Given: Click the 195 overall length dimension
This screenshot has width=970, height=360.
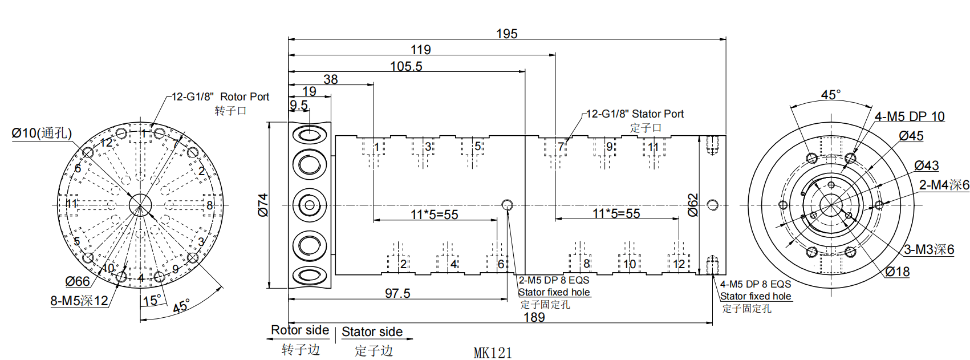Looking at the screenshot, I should [506, 34].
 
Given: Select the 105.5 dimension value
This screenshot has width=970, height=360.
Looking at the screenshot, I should [406, 66].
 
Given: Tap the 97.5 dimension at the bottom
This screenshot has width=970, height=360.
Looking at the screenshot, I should [397, 293].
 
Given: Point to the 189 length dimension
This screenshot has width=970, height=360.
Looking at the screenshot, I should [534, 317].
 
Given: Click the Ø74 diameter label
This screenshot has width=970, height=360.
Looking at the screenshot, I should [263, 205].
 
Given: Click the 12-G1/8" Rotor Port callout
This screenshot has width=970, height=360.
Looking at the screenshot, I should [220, 97].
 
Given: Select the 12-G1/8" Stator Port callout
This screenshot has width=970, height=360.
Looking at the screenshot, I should [635, 114].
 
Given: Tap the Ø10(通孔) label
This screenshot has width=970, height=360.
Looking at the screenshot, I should [42, 134].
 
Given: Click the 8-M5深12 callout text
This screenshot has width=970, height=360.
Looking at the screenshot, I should [79, 301].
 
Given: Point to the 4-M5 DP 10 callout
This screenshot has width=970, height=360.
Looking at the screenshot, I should [910, 116].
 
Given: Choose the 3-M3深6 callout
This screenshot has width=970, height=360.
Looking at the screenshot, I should [929, 249].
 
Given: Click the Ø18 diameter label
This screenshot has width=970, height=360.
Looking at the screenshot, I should [898, 272].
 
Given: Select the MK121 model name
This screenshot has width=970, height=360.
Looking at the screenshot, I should [493, 353].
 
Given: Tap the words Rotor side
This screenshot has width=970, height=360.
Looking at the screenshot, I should [300, 330].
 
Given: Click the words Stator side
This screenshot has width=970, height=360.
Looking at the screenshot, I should [372, 332].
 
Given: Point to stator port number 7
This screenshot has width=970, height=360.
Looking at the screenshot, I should [561, 147].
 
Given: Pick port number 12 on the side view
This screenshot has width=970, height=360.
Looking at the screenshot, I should [679, 264].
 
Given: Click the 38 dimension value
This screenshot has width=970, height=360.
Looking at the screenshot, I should [331, 79].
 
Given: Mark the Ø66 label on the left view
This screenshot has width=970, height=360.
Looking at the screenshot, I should [78, 281].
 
